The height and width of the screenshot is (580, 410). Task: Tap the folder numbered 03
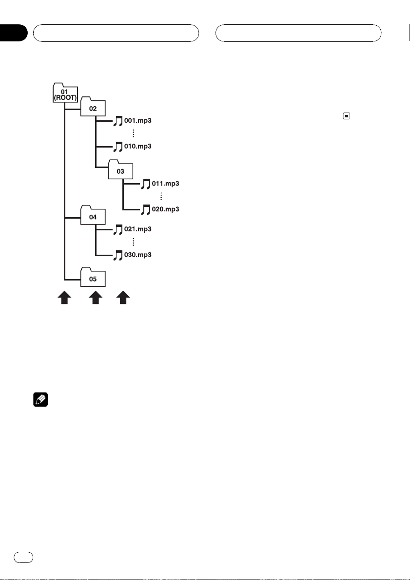120,171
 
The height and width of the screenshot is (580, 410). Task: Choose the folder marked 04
92,217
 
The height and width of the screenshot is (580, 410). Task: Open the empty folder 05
92,279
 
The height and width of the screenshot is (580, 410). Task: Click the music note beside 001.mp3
117,121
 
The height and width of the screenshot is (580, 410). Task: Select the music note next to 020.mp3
145,209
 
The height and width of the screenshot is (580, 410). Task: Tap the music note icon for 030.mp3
117,255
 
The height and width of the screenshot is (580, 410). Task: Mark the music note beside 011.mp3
145,184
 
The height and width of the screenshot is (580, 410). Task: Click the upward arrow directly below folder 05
96,298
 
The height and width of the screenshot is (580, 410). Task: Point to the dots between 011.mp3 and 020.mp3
161,196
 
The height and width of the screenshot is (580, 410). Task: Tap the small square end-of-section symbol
346,116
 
